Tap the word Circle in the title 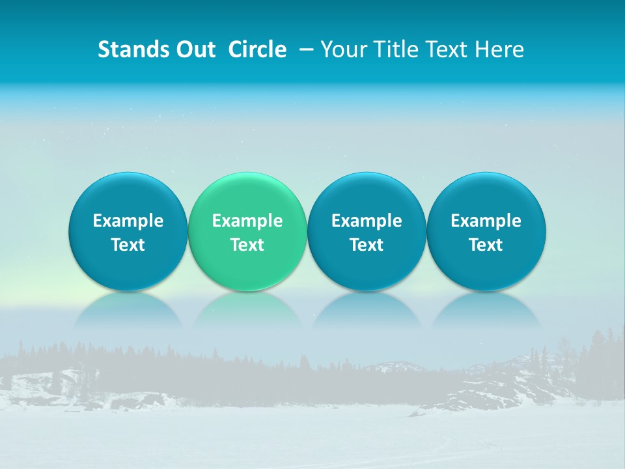[x=257, y=50]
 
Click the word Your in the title [x=342, y=50]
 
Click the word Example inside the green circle [x=247, y=221]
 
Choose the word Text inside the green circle [x=247, y=245]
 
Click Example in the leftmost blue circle [x=128, y=221]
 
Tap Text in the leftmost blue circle [x=128, y=245]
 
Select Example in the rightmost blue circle [x=486, y=221]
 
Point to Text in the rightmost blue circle [x=486, y=245]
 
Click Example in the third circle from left [x=367, y=221]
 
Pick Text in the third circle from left [x=367, y=245]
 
